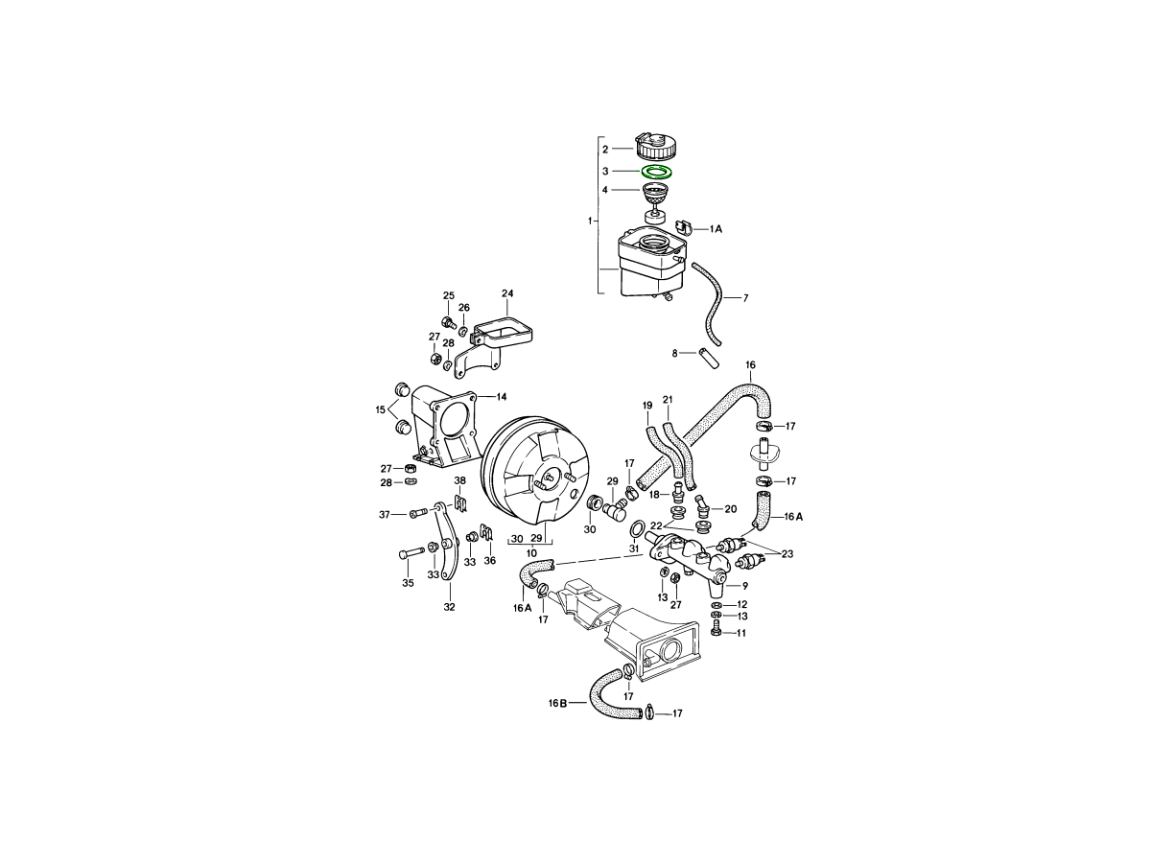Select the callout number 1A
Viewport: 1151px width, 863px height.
[x=716, y=229]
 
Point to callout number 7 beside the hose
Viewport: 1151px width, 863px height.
[x=745, y=298]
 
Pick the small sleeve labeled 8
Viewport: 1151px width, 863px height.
[x=709, y=358]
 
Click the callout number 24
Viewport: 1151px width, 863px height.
[x=507, y=293]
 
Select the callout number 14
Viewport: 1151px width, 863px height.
[x=502, y=397]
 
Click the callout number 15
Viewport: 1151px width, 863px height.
[x=380, y=409]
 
